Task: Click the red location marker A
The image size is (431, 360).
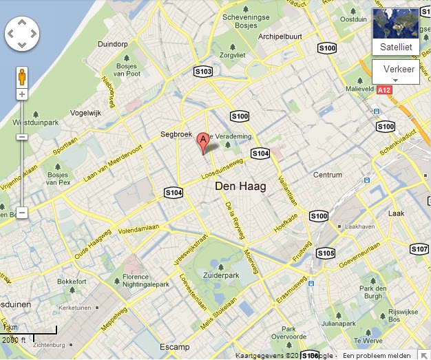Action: tap(203, 142)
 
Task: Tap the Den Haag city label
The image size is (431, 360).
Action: tap(240, 187)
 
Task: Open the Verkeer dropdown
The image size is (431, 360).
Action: tap(395, 72)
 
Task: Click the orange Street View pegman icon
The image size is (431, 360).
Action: tap(22, 76)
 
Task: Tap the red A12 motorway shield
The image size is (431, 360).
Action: tap(385, 90)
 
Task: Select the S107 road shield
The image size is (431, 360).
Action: tap(419, 248)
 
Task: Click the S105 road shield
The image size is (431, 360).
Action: tap(326, 253)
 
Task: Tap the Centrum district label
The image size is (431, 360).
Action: tap(328, 175)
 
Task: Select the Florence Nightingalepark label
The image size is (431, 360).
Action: tap(145, 281)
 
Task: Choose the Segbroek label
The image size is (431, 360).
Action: tap(175, 135)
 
